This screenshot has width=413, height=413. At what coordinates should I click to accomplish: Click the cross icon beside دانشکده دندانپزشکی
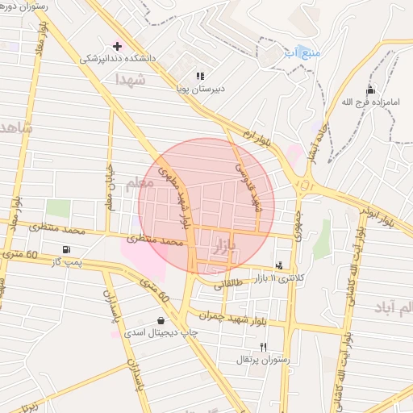(118, 46)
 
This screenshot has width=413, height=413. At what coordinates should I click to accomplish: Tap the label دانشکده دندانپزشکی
(112, 59)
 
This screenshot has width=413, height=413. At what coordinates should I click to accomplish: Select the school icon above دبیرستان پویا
(200, 77)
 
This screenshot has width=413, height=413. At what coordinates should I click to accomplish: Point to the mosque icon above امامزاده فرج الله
(370, 90)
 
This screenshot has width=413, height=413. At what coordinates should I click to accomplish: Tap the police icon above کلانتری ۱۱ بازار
(279, 265)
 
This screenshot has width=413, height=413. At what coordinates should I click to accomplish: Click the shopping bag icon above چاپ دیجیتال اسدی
(162, 320)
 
